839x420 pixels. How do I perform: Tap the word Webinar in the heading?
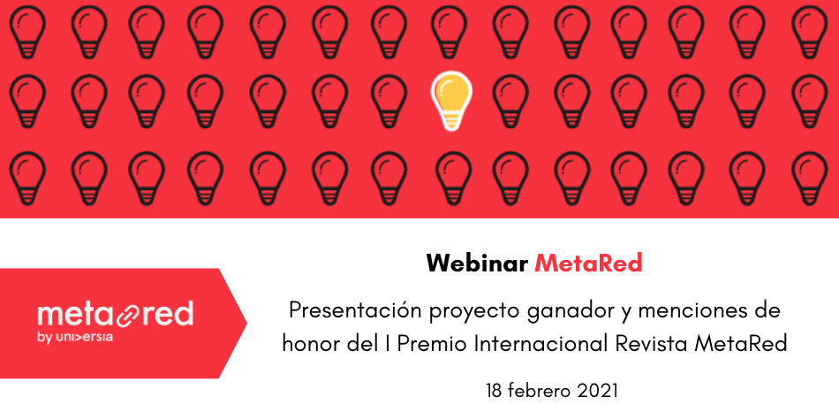[477, 263]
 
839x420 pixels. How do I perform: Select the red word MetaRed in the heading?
[588, 263]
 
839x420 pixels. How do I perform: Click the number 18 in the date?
[495, 391]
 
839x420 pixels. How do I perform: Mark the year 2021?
[598, 391]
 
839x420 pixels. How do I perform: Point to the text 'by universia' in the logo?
[75, 338]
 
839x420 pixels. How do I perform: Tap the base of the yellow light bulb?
[451, 123]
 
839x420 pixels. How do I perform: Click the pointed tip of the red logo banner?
[246, 323]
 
